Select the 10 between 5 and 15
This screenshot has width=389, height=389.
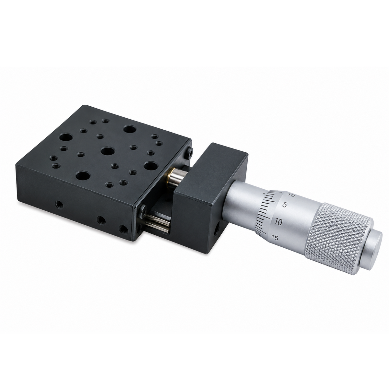[x=278, y=222]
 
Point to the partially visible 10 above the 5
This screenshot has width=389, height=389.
[x=291, y=195]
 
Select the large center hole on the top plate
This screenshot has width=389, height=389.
[x=108, y=151]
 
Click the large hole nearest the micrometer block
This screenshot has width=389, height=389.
[x=151, y=166]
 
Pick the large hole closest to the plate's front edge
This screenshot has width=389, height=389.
[x=83, y=175]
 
